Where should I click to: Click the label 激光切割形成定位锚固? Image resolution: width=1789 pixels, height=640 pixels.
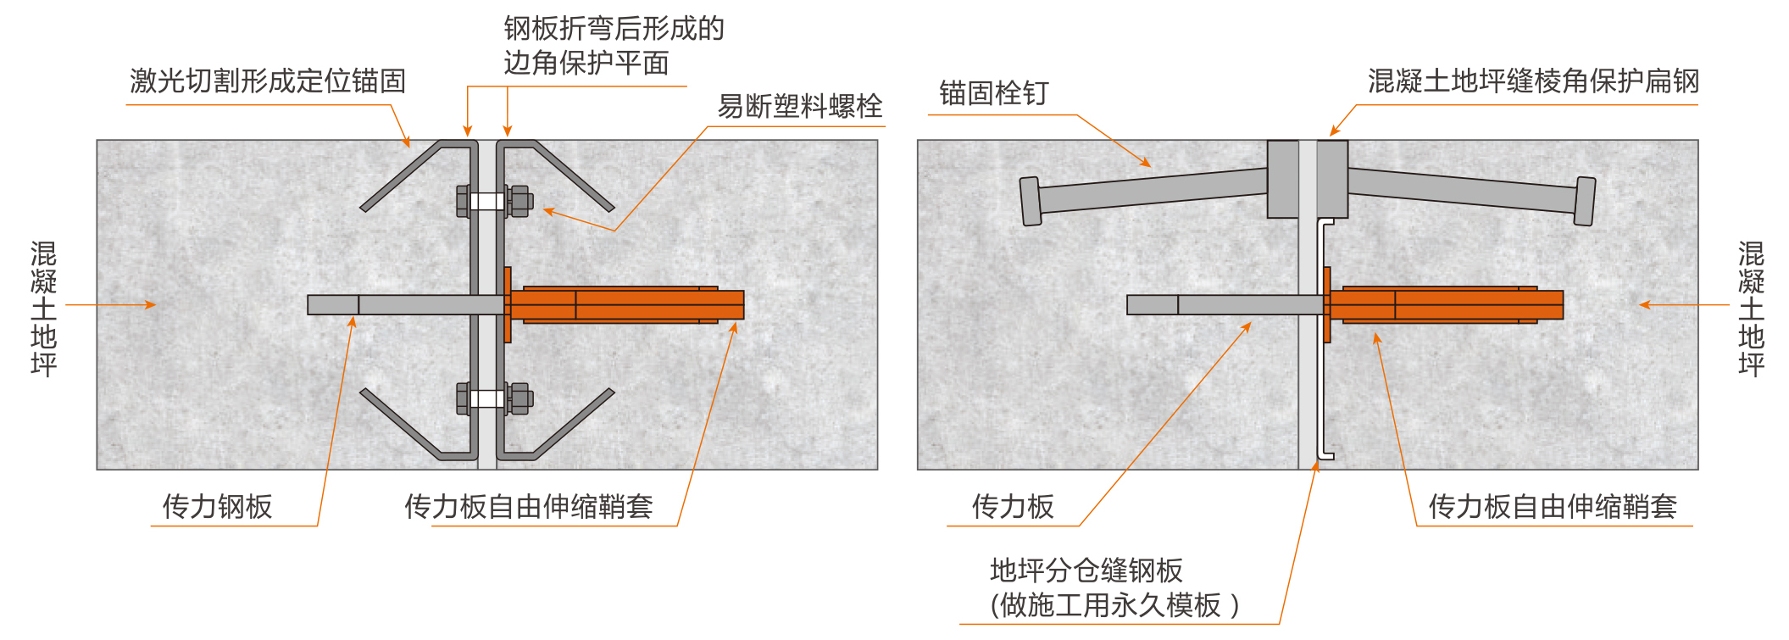click(268, 81)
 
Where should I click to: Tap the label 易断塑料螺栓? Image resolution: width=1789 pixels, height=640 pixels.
click(800, 106)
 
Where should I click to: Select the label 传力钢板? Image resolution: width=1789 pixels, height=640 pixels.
click(218, 506)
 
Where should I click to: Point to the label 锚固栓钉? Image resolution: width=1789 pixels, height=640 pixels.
click(994, 93)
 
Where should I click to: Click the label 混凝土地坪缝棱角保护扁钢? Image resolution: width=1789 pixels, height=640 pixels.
click(1533, 81)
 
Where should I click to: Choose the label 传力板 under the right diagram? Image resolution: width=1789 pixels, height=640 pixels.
click(1013, 506)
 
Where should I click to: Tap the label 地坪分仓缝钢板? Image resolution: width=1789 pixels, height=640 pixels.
click(1086, 570)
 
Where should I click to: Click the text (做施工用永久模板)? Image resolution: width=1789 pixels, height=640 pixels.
click(1114, 605)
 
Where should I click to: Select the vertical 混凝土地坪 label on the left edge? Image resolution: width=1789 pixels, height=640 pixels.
click(43, 309)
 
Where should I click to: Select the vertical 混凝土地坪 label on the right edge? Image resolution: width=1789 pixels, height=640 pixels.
click(1751, 309)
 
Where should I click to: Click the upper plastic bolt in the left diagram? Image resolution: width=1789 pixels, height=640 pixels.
click(495, 202)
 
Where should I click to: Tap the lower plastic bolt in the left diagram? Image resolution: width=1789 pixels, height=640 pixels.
click(495, 398)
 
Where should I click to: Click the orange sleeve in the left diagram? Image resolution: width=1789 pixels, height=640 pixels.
click(625, 305)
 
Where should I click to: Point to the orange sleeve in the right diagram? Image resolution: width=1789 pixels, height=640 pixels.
click(1443, 305)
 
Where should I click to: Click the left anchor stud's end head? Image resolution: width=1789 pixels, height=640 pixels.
click(1031, 202)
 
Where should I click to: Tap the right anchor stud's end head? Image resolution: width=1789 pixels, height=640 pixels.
click(1585, 202)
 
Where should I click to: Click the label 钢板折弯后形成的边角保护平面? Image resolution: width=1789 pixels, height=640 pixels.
click(614, 46)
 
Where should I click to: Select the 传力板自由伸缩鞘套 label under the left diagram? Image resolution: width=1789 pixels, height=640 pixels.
click(529, 506)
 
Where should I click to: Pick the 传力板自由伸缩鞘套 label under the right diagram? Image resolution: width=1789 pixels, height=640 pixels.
click(1553, 506)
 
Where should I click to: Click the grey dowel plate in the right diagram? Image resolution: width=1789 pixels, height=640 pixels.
click(1225, 305)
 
